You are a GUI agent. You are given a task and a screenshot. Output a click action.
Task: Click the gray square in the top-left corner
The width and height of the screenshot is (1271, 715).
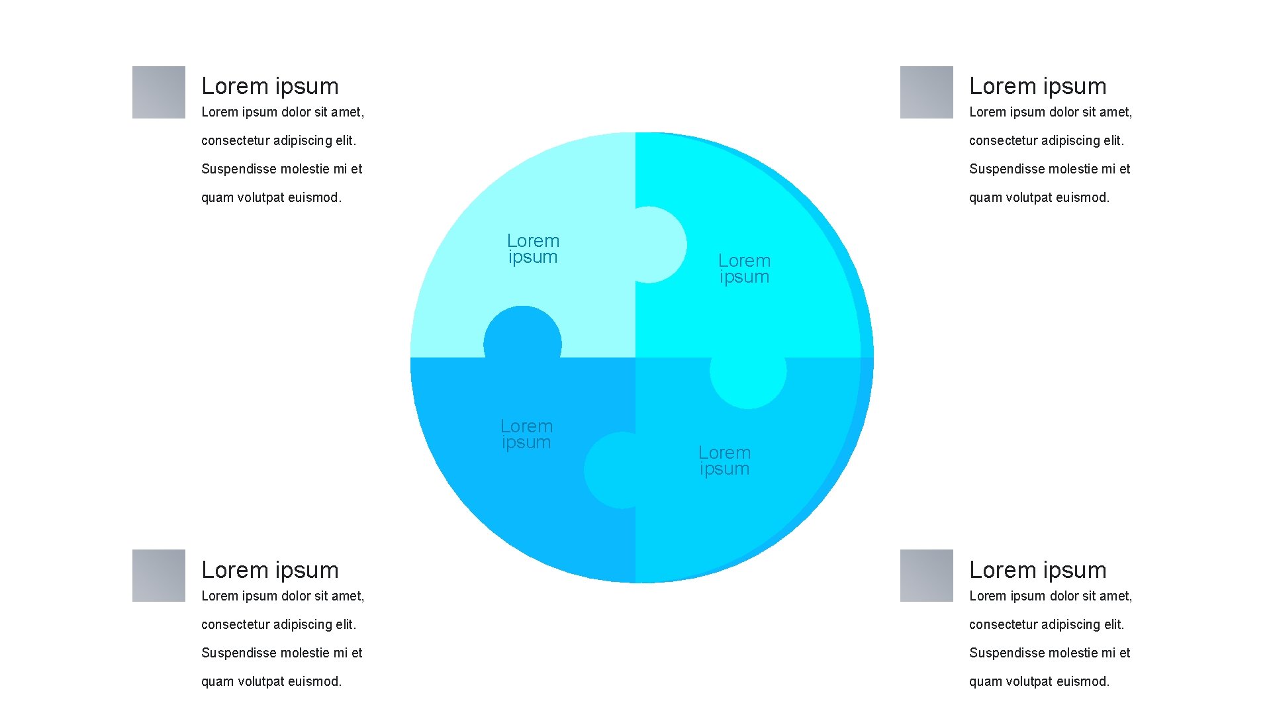[159, 92]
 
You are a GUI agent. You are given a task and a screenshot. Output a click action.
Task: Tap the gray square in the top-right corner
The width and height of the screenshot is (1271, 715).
[926, 92]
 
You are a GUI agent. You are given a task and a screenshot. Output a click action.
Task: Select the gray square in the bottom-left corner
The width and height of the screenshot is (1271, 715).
[159, 575]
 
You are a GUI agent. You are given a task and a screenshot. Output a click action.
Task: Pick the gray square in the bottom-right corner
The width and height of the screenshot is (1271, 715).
[926, 575]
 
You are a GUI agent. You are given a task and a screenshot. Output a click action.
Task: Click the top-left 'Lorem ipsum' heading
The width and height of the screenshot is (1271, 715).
[270, 86]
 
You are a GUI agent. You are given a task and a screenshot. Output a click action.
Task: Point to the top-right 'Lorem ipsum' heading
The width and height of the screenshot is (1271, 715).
[1037, 86]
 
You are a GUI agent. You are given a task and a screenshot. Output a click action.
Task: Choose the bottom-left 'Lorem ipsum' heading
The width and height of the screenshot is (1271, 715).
[270, 570]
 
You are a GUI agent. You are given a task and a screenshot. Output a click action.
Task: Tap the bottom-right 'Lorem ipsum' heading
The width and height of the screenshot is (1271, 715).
[1037, 570]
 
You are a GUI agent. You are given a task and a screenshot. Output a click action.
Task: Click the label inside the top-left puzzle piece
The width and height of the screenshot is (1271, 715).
[533, 249]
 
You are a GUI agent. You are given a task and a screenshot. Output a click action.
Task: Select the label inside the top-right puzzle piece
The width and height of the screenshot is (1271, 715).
[744, 269]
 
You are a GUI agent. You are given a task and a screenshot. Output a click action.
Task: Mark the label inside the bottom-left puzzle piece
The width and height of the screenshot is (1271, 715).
[526, 434]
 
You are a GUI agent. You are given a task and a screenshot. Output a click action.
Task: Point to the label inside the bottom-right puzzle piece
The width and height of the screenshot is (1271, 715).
[724, 461]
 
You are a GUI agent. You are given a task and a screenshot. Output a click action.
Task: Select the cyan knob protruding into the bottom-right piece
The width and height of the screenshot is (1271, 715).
[748, 381]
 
